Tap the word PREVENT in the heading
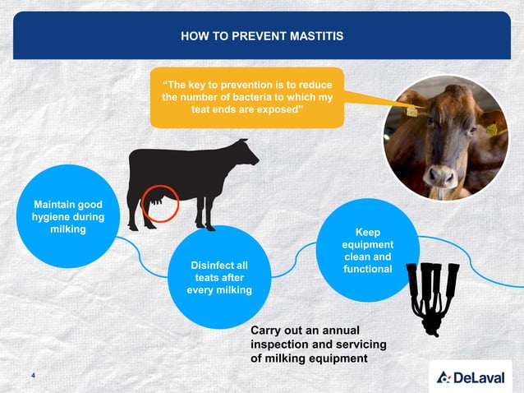point(251,36)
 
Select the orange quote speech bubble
point(246,97)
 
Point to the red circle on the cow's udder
point(157,202)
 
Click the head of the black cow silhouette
point(244,152)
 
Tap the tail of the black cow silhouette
point(132,177)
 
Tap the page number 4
point(32,376)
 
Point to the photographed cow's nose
point(441,176)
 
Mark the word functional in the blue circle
point(367,269)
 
